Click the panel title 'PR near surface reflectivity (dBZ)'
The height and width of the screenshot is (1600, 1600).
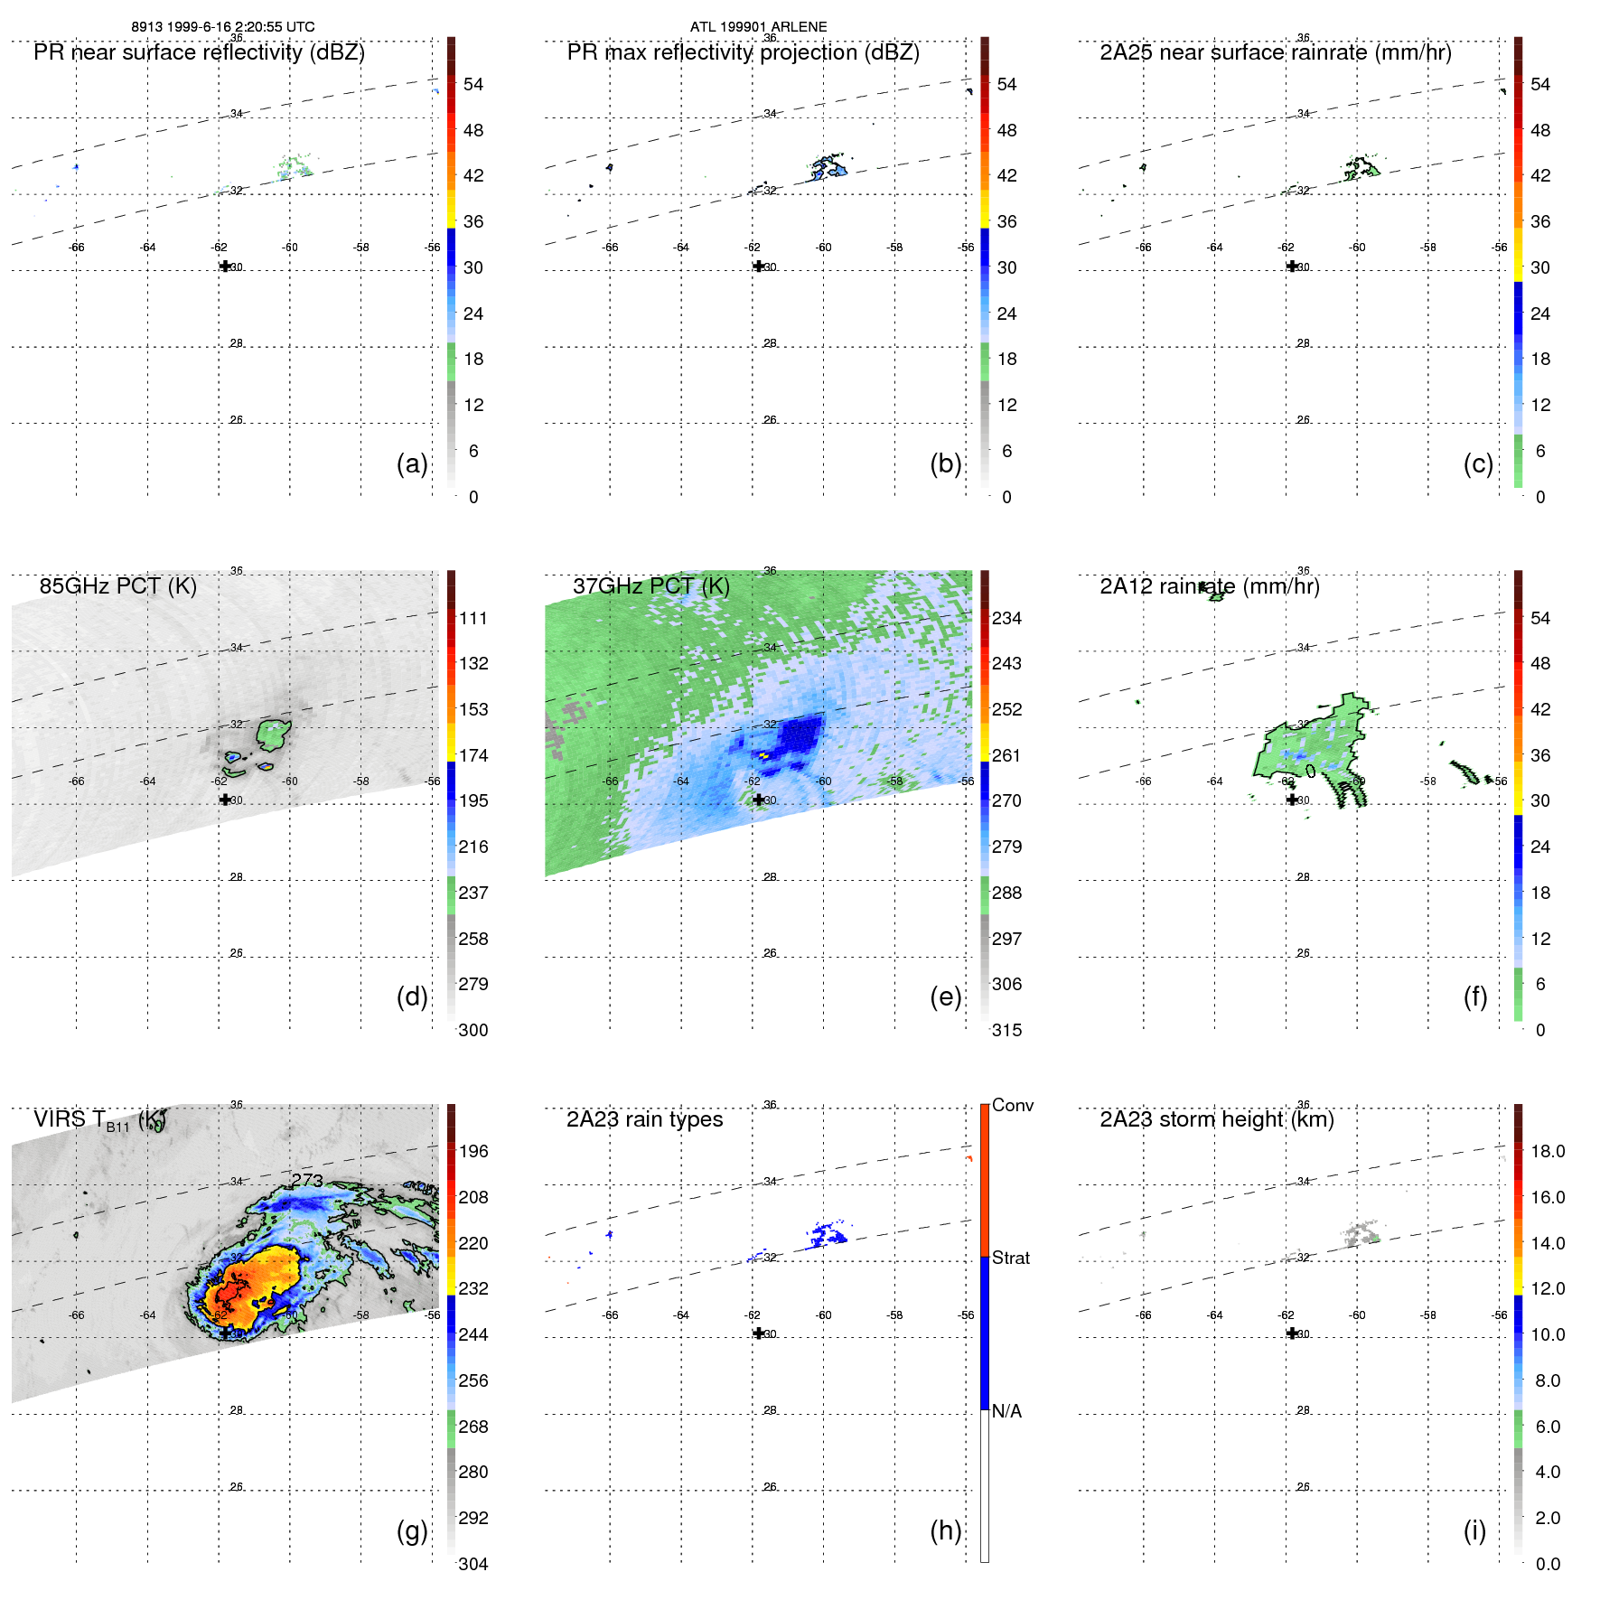[x=199, y=52]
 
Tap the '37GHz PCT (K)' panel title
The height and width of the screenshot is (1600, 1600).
[x=650, y=586]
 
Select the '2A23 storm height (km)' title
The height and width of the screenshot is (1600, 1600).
[x=1216, y=1119]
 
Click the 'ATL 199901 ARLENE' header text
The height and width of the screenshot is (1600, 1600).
[x=758, y=26]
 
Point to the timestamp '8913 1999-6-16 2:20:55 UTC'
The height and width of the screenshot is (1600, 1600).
[x=223, y=26]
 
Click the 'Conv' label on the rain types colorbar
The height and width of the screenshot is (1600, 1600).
[x=1012, y=1105]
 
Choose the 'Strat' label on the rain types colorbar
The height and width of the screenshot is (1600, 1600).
[x=1010, y=1258]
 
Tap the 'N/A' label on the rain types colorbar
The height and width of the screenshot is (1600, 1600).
[x=1006, y=1411]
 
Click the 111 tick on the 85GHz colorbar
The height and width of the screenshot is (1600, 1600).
[x=473, y=618]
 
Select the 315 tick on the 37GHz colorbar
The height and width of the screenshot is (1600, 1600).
[x=1006, y=1030]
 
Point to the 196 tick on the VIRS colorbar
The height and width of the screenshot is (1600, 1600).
[x=473, y=1151]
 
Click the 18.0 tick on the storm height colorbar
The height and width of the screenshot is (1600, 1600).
[x=1548, y=1151]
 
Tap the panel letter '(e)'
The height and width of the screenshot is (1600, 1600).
[x=945, y=996]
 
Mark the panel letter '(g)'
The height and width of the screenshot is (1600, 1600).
[x=412, y=1530]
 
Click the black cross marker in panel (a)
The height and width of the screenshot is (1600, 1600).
[x=225, y=266]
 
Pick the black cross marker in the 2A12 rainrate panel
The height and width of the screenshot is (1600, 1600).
[x=1292, y=800]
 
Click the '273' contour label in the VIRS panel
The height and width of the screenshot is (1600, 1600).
[x=307, y=1180]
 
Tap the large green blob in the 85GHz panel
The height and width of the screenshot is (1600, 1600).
[x=272, y=734]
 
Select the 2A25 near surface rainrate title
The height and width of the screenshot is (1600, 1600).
[x=1275, y=52]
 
